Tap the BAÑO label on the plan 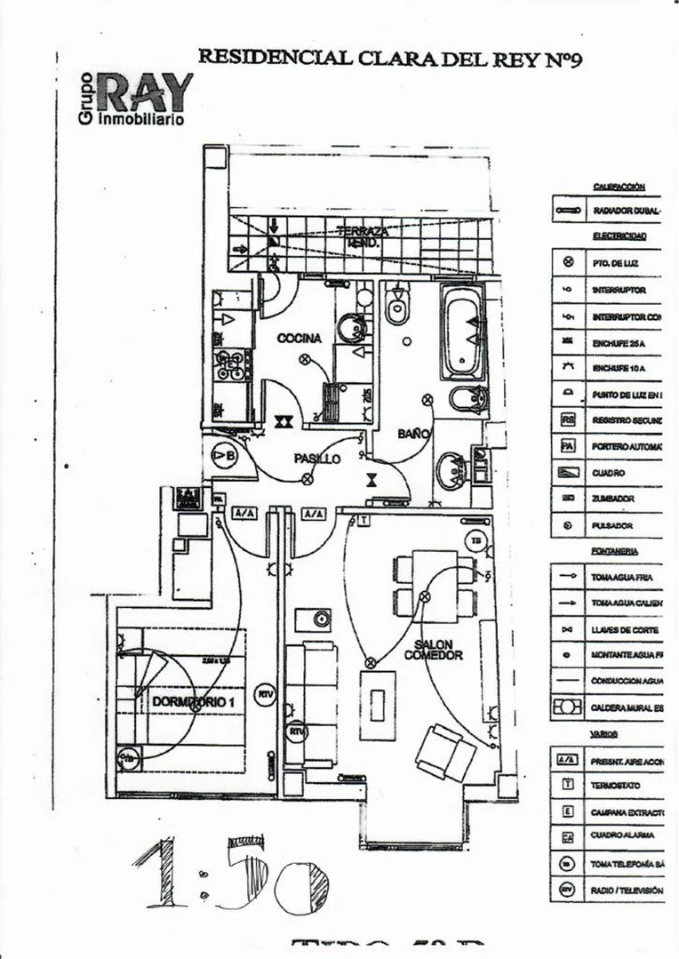pyautogui.click(x=413, y=434)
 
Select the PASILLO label pyautogui.click(x=317, y=459)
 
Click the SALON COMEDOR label pyautogui.click(x=433, y=650)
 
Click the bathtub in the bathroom pyautogui.click(x=464, y=332)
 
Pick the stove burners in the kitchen pyautogui.click(x=232, y=365)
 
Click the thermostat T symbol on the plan pyautogui.click(x=363, y=519)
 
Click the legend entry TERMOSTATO pyautogui.click(x=616, y=787)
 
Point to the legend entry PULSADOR pyautogui.click(x=612, y=526)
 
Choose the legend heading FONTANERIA pyautogui.click(x=615, y=552)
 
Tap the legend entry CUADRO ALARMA pyautogui.click(x=622, y=836)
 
